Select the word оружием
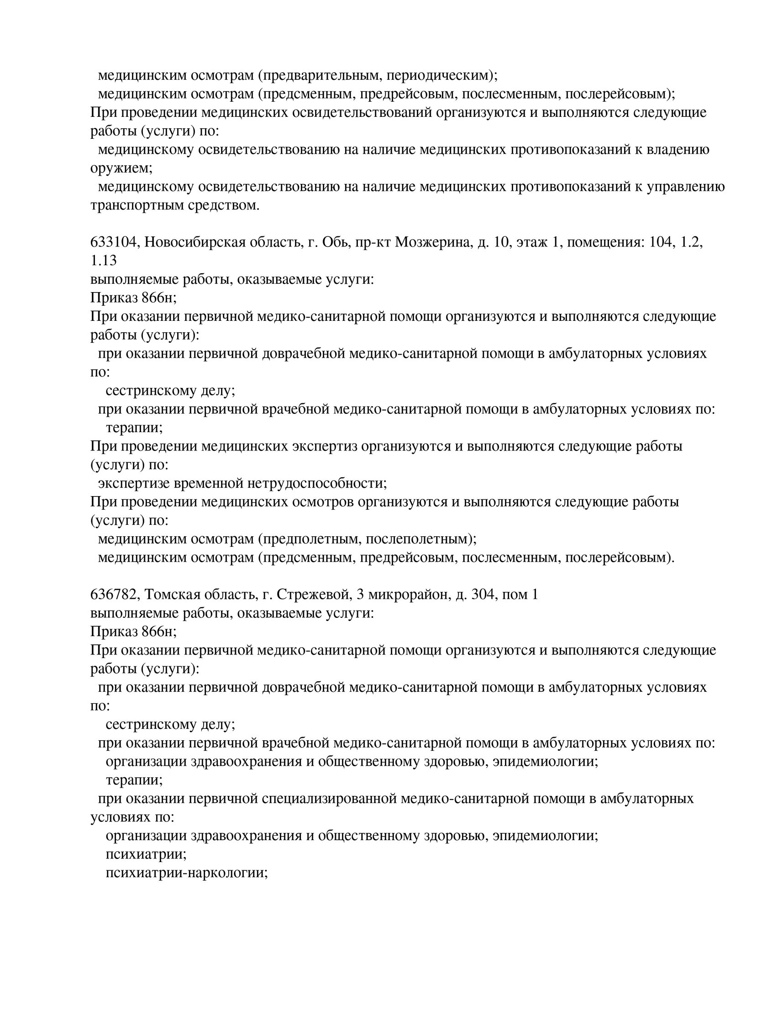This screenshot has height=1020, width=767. [x=121, y=168]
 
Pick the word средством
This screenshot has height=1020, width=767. [x=224, y=205]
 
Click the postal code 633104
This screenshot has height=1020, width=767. [x=115, y=242]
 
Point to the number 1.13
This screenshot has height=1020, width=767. [x=103, y=261]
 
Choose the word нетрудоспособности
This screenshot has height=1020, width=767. [x=317, y=483]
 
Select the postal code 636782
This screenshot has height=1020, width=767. [x=115, y=595]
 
